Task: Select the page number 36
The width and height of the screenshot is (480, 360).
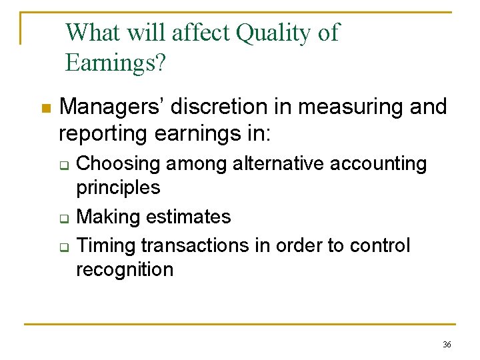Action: (447, 344)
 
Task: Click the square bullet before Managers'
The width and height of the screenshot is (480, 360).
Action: (45, 108)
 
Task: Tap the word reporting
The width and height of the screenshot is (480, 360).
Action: (103, 133)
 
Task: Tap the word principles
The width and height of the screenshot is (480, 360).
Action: (118, 188)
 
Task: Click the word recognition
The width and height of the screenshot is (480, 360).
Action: (125, 269)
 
